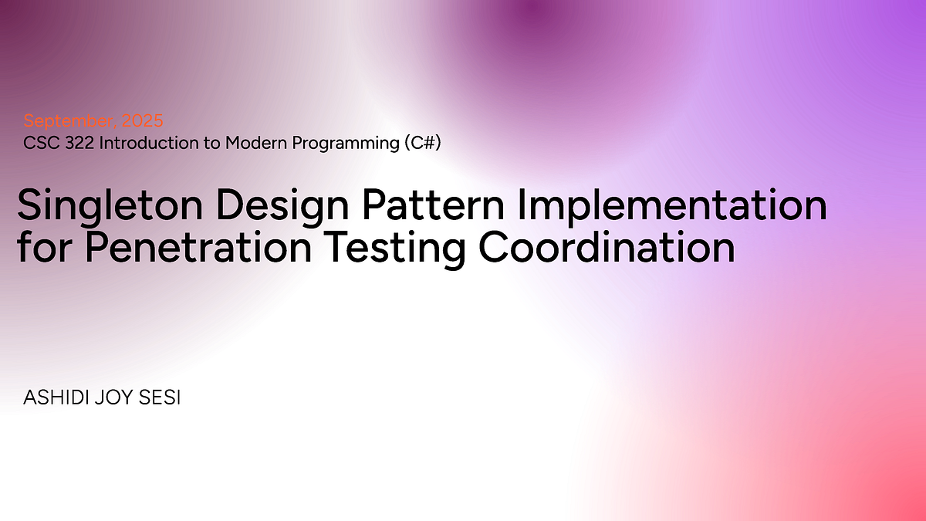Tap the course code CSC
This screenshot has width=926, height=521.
[x=40, y=143]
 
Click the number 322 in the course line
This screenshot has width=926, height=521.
[x=78, y=143]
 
